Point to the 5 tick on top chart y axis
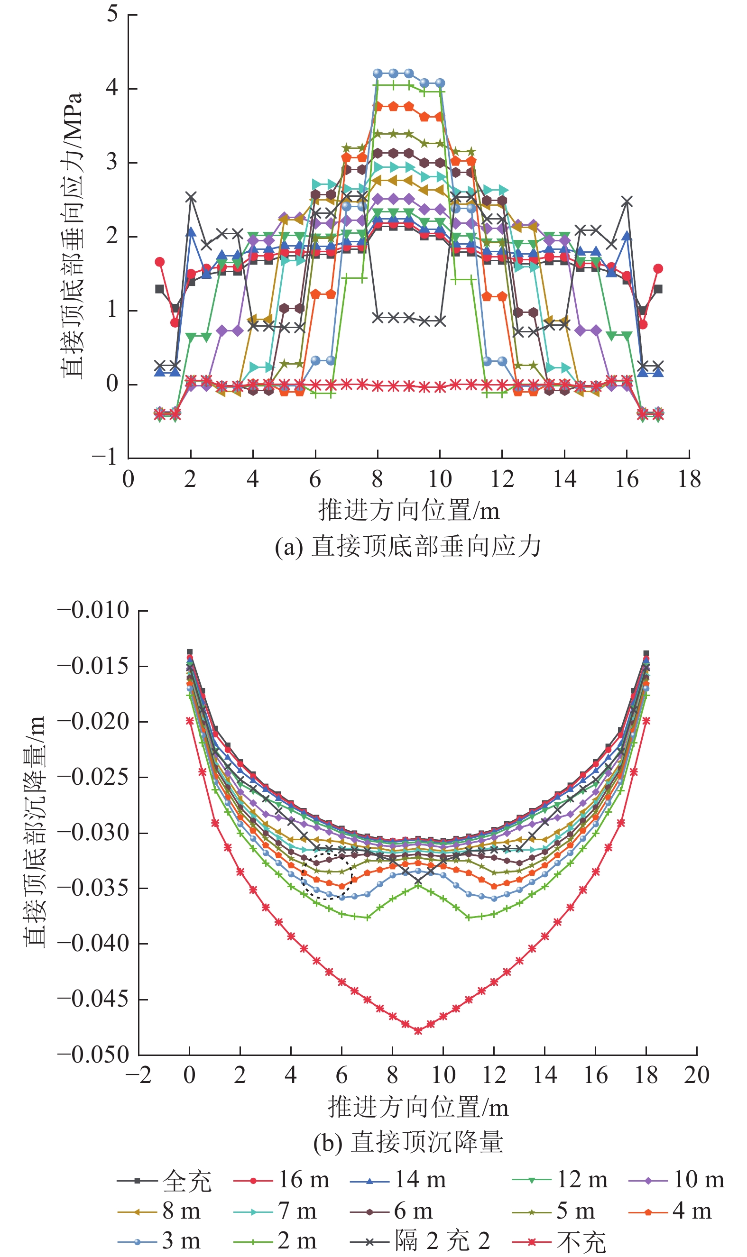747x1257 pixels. (x=112, y=14)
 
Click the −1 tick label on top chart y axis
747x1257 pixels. (x=105, y=457)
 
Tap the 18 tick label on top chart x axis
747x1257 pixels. (x=689, y=479)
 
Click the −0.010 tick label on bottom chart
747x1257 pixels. (x=93, y=610)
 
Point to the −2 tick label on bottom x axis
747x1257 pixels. (x=139, y=1075)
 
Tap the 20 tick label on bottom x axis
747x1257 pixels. (x=697, y=1075)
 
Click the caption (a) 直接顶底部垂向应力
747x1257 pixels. (x=408, y=547)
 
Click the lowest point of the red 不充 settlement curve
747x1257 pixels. (x=418, y=1030)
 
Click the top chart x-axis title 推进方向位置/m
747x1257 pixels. (x=409, y=510)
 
